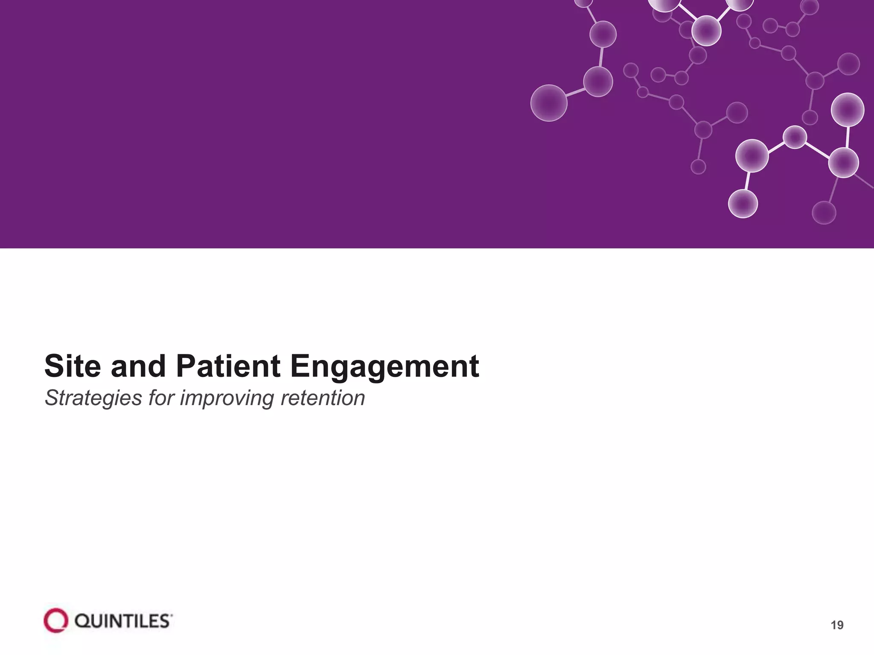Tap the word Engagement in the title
pos(385,367)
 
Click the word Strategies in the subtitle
pos(93,398)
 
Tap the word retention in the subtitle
pos(323,398)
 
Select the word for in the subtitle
pos(161,398)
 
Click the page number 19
pos(837,625)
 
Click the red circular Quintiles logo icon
pos(56,620)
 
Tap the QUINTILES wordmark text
pos(122,621)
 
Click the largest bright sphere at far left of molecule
pos(548,103)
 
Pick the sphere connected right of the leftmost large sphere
pos(597,81)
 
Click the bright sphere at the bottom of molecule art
pos(743,203)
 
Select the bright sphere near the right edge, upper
pos(847,110)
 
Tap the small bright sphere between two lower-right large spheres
pos(795,137)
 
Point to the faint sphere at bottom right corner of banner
pos(824,212)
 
